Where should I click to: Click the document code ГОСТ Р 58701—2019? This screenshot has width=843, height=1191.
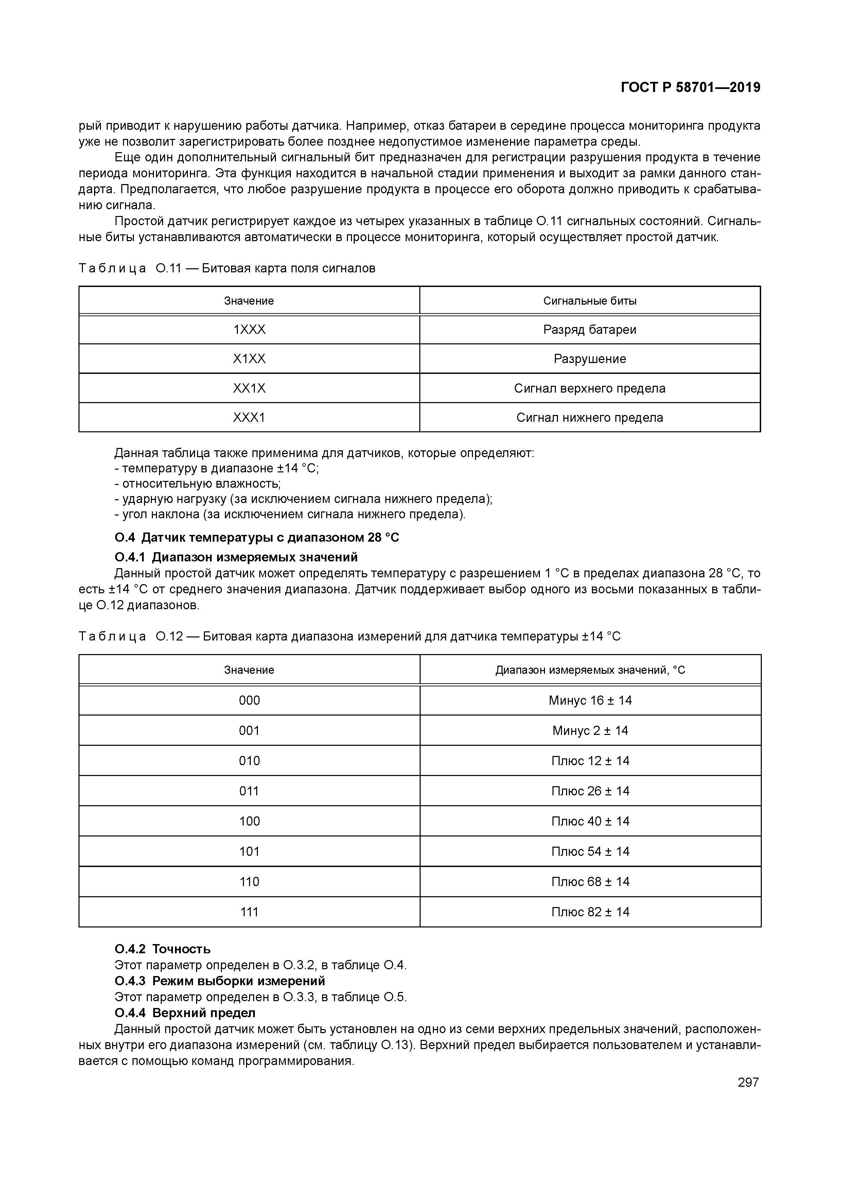[690, 88]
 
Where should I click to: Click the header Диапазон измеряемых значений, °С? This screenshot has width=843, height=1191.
[590, 670]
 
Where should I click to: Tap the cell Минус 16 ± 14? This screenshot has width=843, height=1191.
[590, 701]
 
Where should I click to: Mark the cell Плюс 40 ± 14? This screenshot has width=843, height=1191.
[590, 821]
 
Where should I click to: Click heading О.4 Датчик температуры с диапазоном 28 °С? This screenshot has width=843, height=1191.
[257, 537]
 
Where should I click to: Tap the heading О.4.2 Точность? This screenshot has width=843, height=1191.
[162, 949]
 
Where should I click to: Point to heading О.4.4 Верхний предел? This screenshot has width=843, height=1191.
[185, 1013]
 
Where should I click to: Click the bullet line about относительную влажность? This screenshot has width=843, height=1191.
[197, 484]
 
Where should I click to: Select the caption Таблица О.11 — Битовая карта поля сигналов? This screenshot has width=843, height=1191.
[227, 268]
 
